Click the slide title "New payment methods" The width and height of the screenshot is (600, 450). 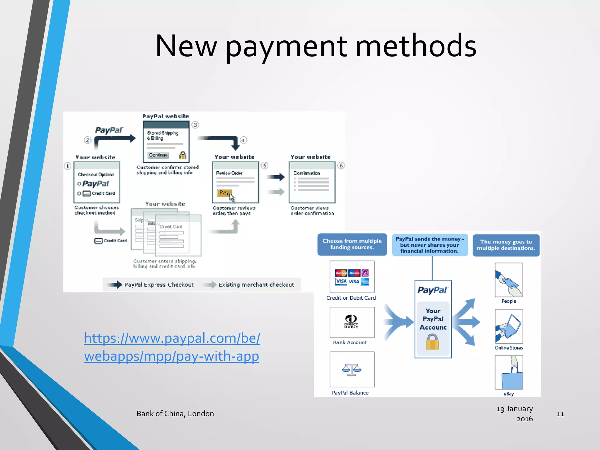(316, 46)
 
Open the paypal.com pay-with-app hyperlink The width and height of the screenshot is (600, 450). (172, 347)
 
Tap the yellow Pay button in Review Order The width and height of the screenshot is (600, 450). (224, 192)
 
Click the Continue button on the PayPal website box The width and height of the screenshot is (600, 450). (158, 155)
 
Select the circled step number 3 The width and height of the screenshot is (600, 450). (195, 125)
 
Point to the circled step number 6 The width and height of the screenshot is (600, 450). (341, 166)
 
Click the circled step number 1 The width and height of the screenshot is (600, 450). (68, 166)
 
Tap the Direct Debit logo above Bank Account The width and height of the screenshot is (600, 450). (351, 321)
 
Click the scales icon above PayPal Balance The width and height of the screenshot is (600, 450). (352, 369)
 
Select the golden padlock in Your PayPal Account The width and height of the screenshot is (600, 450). (432, 342)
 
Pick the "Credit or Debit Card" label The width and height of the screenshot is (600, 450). (351, 298)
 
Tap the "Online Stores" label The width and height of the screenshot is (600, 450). (509, 348)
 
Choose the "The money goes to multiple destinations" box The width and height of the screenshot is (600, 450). (506, 245)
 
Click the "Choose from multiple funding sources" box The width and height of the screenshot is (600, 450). (352, 244)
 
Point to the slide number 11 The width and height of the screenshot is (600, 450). (560, 414)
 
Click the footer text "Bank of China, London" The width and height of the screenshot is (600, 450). (175, 414)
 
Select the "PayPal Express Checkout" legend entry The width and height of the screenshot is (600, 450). (159, 285)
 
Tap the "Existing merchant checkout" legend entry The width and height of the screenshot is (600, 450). (256, 285)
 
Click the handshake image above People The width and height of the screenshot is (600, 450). (509, 280)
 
